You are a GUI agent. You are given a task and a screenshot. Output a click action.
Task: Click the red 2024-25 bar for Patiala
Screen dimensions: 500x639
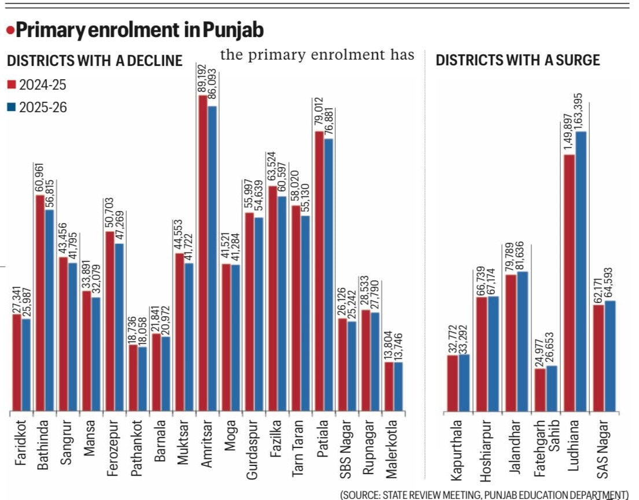[318, 271]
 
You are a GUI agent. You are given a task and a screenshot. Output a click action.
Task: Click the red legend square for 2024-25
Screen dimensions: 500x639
[11, 86]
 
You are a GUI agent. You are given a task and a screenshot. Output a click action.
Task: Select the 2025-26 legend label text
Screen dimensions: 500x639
[43, 108]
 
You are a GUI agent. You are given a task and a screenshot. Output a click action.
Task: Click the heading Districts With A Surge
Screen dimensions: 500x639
[517, 60]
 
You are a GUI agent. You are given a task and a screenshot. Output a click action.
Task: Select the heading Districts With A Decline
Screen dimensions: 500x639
[95, 60]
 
